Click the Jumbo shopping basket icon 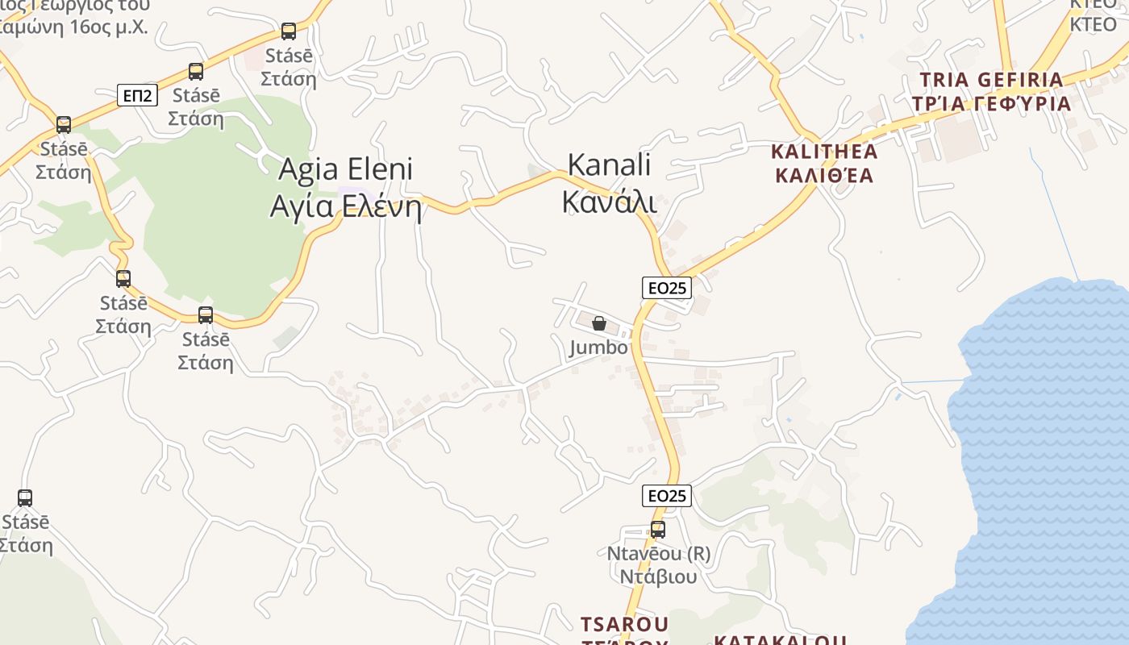click(x=599, y=324)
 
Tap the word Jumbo click(x=598, y=347)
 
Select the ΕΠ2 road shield click(x=137, y=96)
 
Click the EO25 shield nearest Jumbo click(x=667, y=288)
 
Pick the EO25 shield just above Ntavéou click(x=667, y=496)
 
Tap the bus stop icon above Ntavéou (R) click(x=658, y=530)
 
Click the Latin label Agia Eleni click(x=345, y=169)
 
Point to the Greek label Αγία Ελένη click(x=345, y=206)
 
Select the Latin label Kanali click(x=609, y=164)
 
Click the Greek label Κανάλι click(x=609, y=202)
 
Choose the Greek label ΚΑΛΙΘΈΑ click(x=824, y=176)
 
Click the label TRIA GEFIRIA click(x=991, y=80)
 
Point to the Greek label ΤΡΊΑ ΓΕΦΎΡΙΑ click(x=991, y=104)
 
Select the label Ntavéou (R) click(x=658, y=554)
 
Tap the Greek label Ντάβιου click(x=658, y=576)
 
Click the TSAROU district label click(x=624, y=624)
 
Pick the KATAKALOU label click(x=780, y=640)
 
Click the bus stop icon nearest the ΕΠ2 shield click(x=196, y=71)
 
